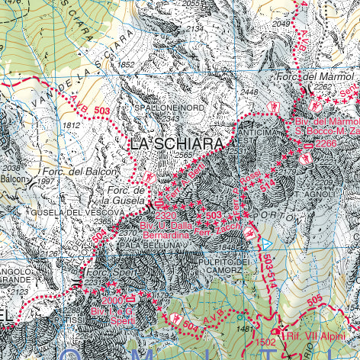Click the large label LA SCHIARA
[178, 143]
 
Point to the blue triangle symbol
[266, 243]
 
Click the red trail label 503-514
[268, 271]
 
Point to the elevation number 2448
[249, 92]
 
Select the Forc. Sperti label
[104, 272]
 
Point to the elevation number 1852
[127, 64]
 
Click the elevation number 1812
[72, 125]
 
